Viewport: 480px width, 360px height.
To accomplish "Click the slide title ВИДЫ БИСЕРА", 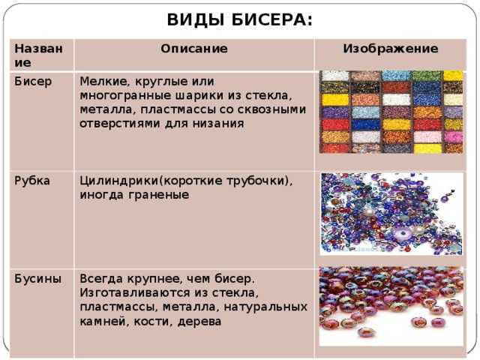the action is click(240, 19).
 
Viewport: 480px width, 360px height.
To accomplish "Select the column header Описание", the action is click(194, 48).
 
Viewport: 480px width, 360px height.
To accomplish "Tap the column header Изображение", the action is click(390, 48).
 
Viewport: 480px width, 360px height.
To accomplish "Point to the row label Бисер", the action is click(33, 82).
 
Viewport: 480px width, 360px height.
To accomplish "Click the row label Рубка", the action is click(32, 181).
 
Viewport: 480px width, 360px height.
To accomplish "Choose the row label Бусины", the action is click(37, 279).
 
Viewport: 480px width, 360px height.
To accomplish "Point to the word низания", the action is click(218, 123).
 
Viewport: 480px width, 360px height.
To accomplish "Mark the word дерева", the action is click(199, 321).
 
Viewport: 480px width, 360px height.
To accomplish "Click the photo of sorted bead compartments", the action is click(391, 112).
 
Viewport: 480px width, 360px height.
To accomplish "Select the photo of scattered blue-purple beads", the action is click(391, 214).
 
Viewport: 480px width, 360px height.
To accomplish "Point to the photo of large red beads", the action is click(391, 306).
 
